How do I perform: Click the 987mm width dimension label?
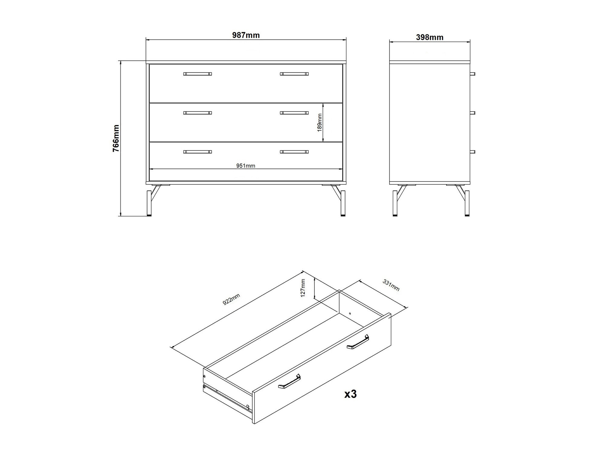click(x=246, y=35)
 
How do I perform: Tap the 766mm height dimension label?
click(x=116, y=138)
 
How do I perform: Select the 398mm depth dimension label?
click(x=430, y=37)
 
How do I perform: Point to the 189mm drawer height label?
click(x=320, y=123)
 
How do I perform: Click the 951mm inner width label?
click(x=246, y=165)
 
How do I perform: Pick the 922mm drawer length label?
click(x=231, y=299)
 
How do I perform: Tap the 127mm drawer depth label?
click(x=303, y=288)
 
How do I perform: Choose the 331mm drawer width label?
click(x=391, y=285)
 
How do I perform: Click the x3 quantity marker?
click(x=351, y=394)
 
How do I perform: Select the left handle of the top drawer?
click(x=198, y=74)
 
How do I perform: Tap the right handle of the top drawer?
click(x=294, y=74)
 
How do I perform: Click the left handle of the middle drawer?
click(x=198, y=113)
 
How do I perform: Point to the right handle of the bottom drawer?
click(x=294, y=152)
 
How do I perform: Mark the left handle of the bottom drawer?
click(x=198, y=152)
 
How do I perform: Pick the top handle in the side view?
click(x=473, y=74)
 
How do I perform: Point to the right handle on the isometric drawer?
click(x=358, y=342)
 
